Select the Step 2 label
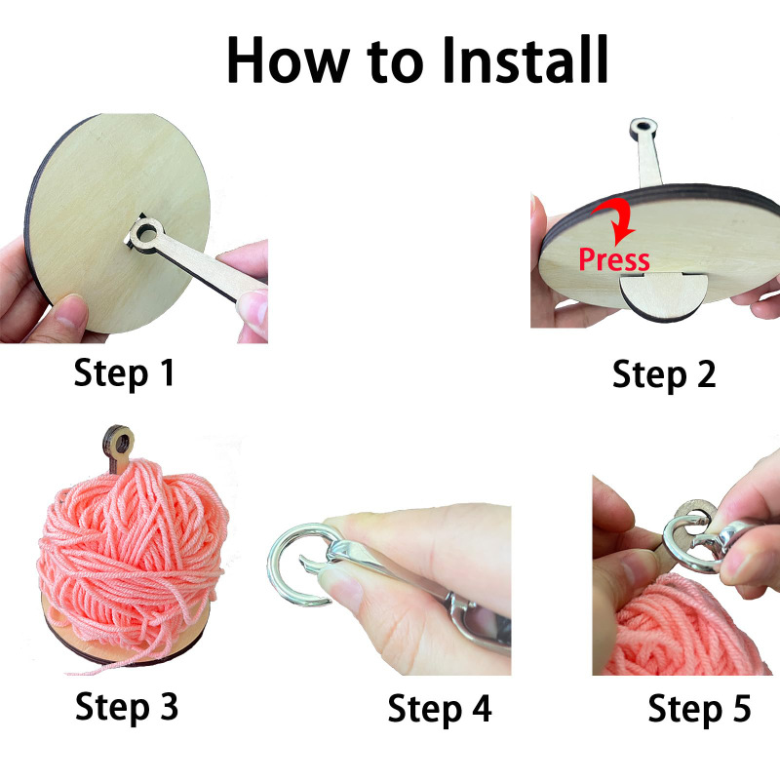(x=664, y=373)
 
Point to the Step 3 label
(x=127, y=706)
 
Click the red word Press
(x=613, y=259)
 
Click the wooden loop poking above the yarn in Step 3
(x=118, y=447)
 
